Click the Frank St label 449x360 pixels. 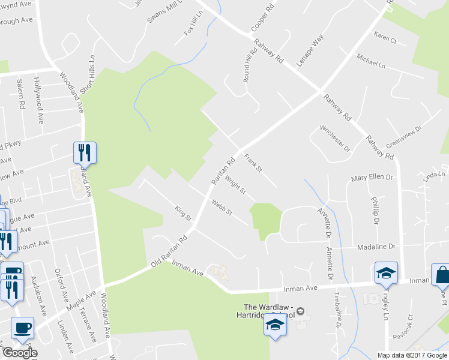(x=253, y=163)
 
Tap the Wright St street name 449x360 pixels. (x=235, y=184)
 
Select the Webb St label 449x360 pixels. (x=221, y=208)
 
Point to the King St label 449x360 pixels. (x=182, y=212)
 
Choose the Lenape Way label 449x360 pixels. (x=310, y=50)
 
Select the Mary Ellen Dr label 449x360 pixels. (x=372, y=178)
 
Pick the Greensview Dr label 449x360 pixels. (x=404, y=137)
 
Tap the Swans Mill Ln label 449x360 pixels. (x=163, y=13)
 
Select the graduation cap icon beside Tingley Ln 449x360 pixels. (x=386, y=273)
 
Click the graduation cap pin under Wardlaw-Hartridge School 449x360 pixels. (x=274, y=325)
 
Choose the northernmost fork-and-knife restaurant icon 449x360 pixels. (x=85, y=152)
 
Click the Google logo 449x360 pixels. (x=19, y=353)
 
